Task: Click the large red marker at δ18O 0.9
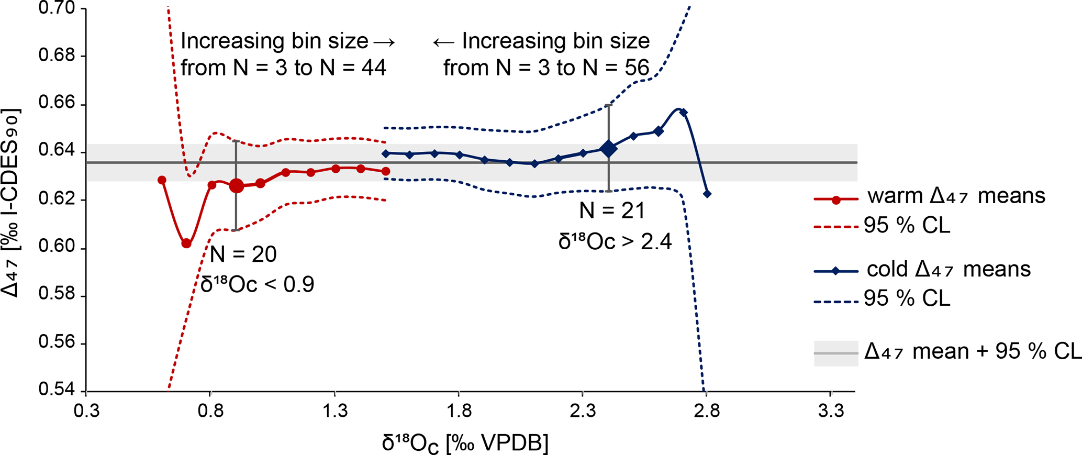pyautogui.click(x=237, y=185)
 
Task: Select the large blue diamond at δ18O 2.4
pyautogui.click(x=608, y=149)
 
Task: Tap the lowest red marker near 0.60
pyautogui.click(x=186, y=243)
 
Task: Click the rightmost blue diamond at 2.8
pyautogui.click(x=707, y=194)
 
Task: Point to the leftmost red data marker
pyautogui.click(x=162, y=180)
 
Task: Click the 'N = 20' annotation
pyautogui.click(x=243, y=254)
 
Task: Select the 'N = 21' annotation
pyautogui.click(x=612, y=211)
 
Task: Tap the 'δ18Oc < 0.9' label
pyautogui.click(x=257, y=284)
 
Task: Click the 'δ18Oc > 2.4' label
pyautogui.click(x=615, y=242)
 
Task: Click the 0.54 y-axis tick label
pyautogui.click(x=57, y=390)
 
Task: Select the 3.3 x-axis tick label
pyautogui.click(x=831, y=412)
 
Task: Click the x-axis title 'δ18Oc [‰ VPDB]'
pyautogui.click(x=465, y=443)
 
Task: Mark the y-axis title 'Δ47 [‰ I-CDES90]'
pyautogui.click(x=12, y=203)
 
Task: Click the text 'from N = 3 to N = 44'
pyautogui.click(x=283, y=68)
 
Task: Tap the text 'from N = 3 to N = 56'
pyautogui.click(x=546, y=68)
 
